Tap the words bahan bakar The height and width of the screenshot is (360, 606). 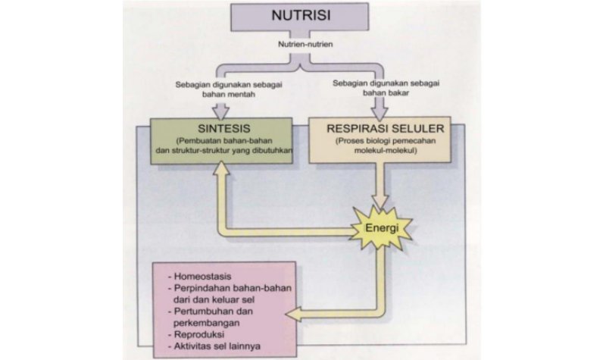(x=372, y=96)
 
